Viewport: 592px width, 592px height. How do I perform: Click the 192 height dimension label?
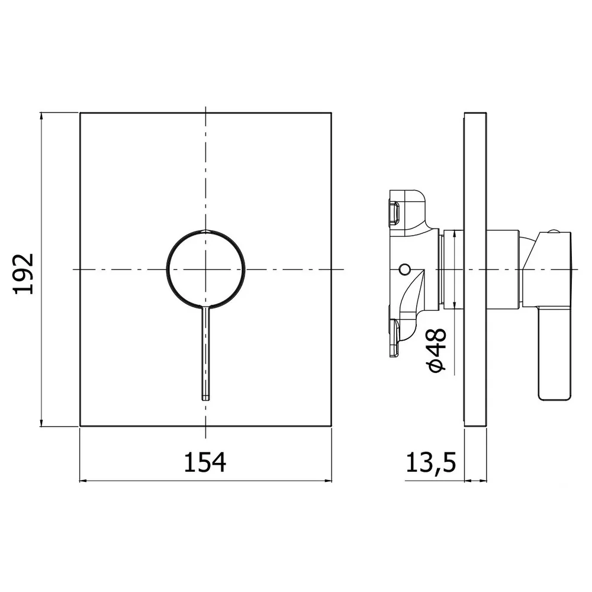pyautogui.click(x=24, y=274)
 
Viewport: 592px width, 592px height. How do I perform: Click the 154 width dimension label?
pyautogui.click(x=205, y=462)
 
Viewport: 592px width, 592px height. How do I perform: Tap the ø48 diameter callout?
pyautogui.click(x=437, y=350)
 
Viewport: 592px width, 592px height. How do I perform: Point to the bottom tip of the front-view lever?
pyautogui.click(x=205, y=400)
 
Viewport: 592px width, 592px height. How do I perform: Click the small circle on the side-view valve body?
pyautogui.click(x=404, y=269)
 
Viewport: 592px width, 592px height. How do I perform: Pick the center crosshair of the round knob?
pyautogui.click(x=205, y=269)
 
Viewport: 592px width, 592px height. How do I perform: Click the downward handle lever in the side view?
pyautogui.click(x=554, y=353)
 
